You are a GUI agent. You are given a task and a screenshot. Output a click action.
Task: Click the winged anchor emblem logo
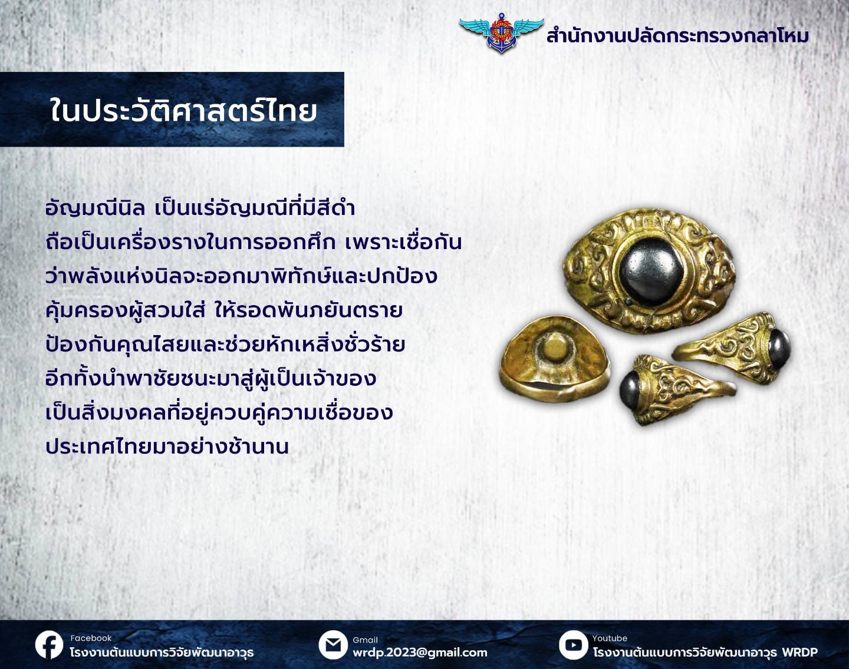[501, 33]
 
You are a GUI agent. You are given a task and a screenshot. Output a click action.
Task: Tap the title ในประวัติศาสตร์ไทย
[183, 110]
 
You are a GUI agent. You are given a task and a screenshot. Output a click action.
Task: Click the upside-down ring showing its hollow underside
[555, 359]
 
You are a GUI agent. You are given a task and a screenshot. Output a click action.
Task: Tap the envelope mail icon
[333, 645]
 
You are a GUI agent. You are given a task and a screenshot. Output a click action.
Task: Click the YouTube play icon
[573, 645]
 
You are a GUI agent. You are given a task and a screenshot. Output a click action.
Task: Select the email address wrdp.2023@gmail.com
[420, 653]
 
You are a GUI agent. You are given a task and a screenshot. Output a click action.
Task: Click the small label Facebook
[91, 638]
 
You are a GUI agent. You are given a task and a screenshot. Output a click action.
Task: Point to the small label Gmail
[366, 640]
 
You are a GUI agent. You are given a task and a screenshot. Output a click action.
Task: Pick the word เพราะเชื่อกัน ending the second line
[404, 241]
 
